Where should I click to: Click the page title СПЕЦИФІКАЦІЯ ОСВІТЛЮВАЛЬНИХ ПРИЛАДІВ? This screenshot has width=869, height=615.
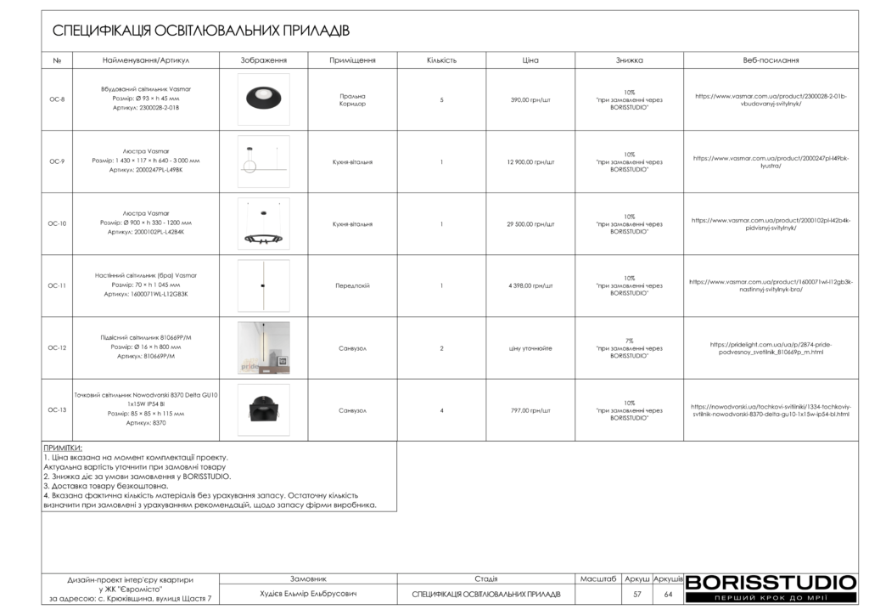201,31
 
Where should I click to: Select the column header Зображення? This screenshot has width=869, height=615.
264,61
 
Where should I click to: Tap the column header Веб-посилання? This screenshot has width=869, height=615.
771,61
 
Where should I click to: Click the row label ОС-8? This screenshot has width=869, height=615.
57,99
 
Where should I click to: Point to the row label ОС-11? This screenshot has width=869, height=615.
57,285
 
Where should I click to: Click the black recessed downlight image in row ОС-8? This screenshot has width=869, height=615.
264,99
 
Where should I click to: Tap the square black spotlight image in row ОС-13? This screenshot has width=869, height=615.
264,410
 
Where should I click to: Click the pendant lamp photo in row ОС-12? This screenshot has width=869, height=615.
264,347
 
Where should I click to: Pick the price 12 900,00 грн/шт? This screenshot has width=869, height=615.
530,161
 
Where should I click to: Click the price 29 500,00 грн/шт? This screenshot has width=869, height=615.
530,224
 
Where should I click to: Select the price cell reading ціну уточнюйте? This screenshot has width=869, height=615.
530,348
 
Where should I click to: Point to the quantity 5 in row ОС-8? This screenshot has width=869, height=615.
441,100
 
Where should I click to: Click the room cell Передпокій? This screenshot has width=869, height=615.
352,286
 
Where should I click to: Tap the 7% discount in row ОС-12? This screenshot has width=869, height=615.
629,341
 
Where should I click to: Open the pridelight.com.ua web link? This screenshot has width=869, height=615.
771,348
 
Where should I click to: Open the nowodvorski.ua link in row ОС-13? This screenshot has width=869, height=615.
771,410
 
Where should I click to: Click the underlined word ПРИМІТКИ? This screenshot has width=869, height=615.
63,447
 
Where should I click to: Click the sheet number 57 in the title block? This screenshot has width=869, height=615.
636,594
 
